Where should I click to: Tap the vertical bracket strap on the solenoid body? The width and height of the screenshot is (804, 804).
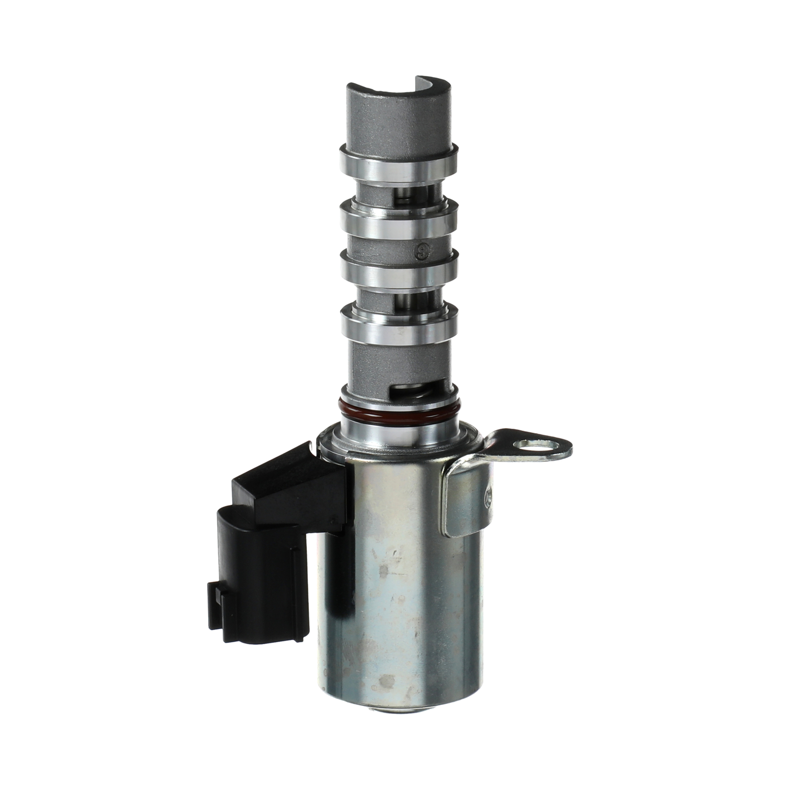465,502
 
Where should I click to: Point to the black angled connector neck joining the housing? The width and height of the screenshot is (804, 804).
296,482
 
